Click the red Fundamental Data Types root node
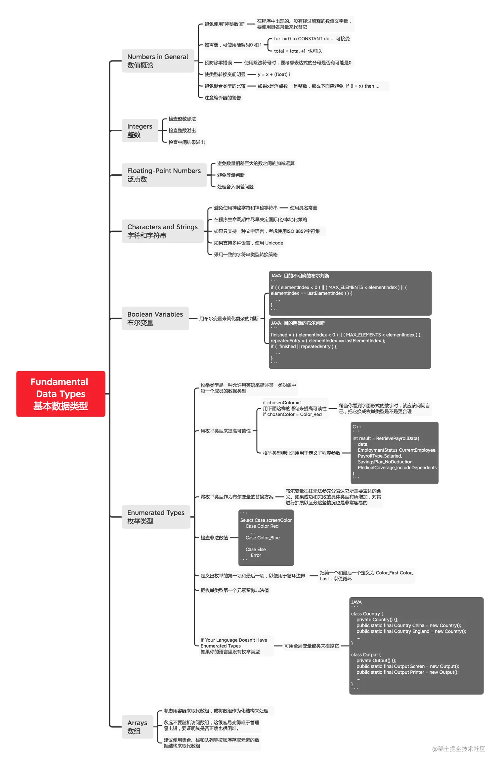(61, 393)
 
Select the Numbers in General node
(157, 61)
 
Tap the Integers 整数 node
(140, 130)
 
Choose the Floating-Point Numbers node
(164, 175)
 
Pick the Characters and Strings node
(162, 231)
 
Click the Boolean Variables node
(155, 318)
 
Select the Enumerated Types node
(155, 517)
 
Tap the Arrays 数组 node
(137, 727)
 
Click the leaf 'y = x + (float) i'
(274, 74)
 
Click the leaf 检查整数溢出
(182, 131)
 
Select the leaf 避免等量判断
(230, 175)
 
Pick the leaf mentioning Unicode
(248, 243)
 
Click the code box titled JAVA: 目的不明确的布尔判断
(350, 293)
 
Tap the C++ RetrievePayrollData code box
(394, 453)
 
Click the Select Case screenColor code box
(266, 537)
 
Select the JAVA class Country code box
(416, 645)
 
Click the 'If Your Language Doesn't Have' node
(233, 646)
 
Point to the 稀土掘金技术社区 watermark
(458, 749)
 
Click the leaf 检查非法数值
(214, 538)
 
